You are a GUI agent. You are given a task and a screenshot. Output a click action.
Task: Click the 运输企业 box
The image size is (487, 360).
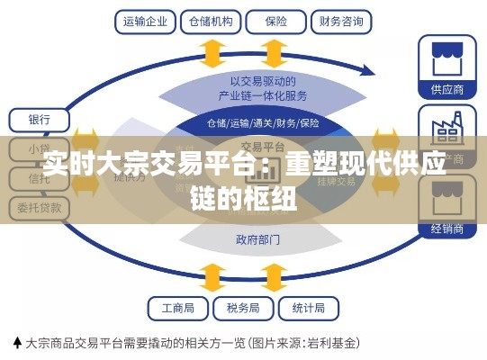(145, 19)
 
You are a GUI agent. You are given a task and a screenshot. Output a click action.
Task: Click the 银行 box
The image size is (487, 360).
(39, 119)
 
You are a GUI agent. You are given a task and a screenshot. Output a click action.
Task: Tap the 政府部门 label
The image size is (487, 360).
(257, 239)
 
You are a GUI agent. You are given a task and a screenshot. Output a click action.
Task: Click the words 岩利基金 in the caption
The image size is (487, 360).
(332, 343)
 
